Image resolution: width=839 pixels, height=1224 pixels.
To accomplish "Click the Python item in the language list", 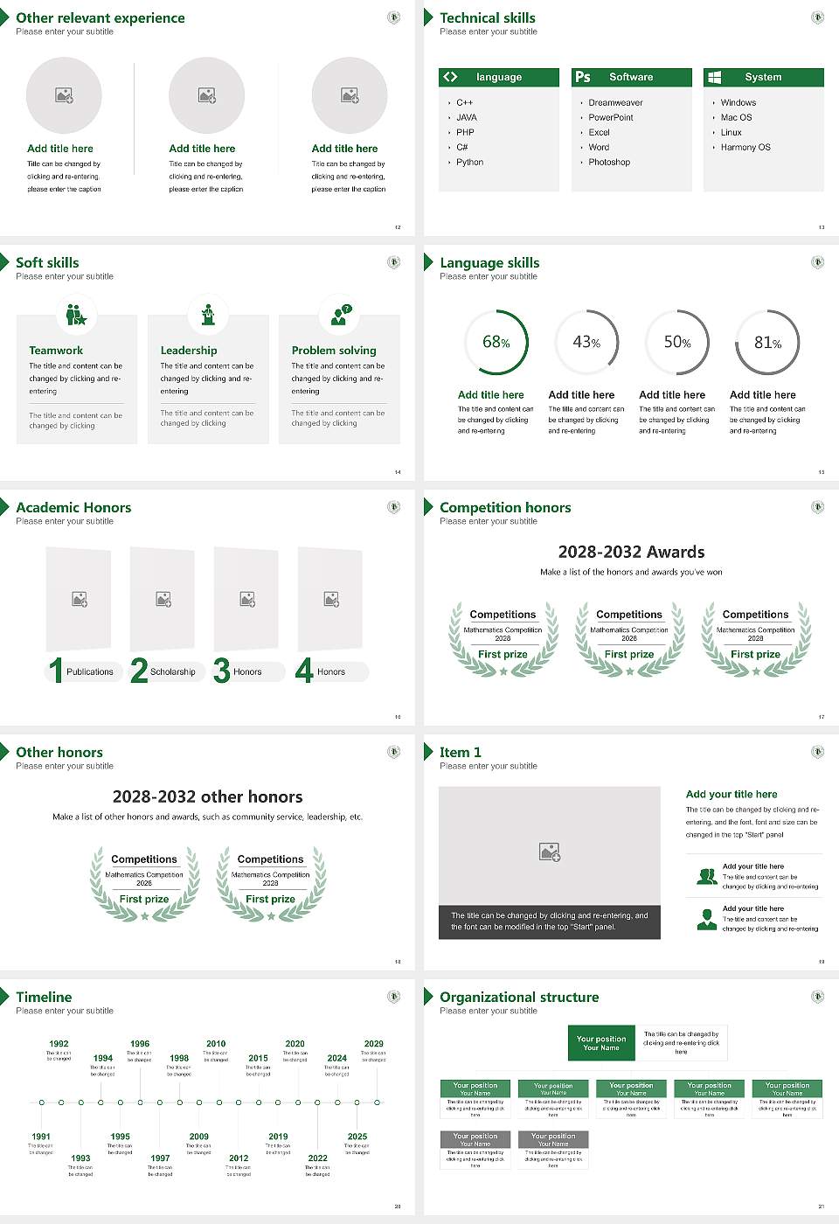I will [469, 163].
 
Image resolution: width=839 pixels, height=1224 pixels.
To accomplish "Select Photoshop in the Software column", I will [609, 163].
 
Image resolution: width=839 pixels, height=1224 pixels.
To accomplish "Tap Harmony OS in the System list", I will [745, 148].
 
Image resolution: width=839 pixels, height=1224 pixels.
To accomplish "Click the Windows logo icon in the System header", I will [715, 77].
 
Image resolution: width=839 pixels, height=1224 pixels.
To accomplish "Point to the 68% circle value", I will [496, 343].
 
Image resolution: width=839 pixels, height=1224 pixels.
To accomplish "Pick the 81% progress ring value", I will [767, 343].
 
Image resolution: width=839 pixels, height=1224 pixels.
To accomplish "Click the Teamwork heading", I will [56, 351].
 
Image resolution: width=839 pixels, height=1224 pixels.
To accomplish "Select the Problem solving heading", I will [334, 351].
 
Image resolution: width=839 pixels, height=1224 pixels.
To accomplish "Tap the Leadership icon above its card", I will [208, 315].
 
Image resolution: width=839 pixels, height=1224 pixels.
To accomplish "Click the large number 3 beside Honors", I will [222, 671].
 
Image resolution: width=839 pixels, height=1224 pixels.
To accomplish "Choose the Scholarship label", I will [172, 672].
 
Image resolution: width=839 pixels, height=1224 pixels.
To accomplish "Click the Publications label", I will [90, 672].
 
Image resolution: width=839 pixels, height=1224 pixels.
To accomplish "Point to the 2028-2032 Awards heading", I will [631, 553].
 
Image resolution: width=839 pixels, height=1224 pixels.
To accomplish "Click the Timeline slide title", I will [44, 998].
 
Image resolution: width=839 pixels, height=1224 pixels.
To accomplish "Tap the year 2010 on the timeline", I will [216, 1044].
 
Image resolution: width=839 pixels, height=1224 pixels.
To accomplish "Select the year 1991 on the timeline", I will [41, 1137].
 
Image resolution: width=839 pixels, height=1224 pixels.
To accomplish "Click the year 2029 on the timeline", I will [374, 1044].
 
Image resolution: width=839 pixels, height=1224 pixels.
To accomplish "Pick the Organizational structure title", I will [519, 998].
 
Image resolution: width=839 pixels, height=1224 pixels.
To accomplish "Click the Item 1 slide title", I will [460, 753].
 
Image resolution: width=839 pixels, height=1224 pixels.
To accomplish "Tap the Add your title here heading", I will [732, 795].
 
